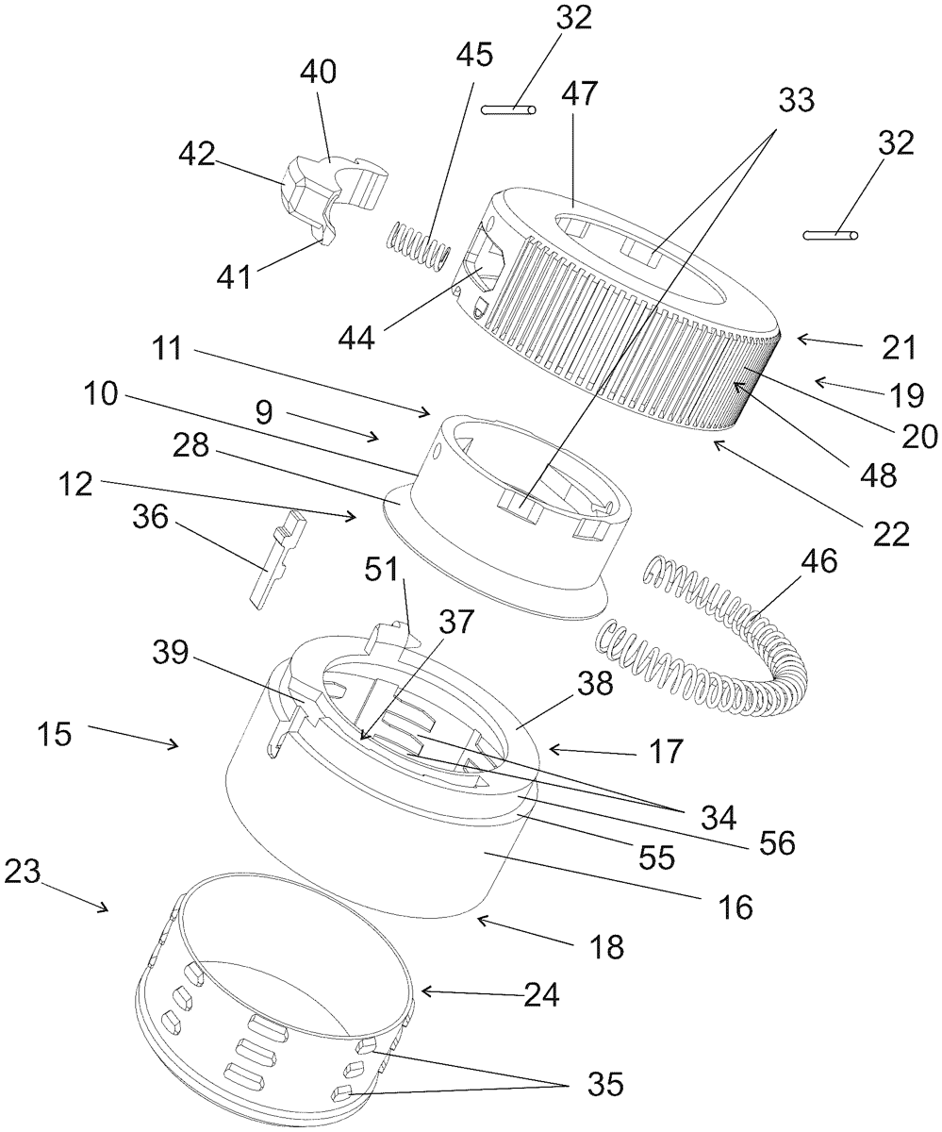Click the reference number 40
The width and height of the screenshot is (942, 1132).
[318, 72]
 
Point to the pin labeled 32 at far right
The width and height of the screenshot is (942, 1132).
[830, 235]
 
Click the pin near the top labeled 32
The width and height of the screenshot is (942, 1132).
[508, 109]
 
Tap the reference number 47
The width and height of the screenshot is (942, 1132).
[579, 93]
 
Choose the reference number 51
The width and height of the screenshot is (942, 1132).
[382, 569]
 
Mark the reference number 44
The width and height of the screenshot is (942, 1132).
[356, 339]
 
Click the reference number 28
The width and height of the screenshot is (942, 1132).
[190, 445]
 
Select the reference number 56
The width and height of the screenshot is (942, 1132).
[777, 843]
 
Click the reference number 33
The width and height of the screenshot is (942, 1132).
[797, 100]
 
